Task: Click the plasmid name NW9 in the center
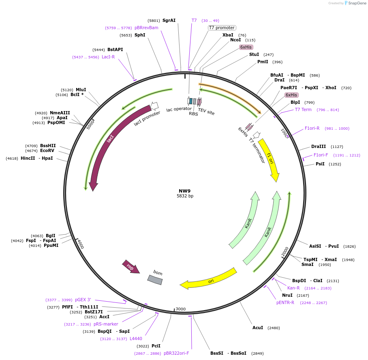pos(185,191)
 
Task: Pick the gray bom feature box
pos(155,280)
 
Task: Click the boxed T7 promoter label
pos(222,28)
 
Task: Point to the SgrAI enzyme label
pos(169,20)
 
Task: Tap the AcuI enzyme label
pos(258,328)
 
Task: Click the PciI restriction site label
pos(156,346)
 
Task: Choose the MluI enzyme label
pos(81,90)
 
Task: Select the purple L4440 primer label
pos(136,339)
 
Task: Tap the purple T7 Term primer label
pos(303,109)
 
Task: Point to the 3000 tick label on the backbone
pos(181,309)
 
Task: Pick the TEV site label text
pos(206,111)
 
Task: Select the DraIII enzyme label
pos(319,146)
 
